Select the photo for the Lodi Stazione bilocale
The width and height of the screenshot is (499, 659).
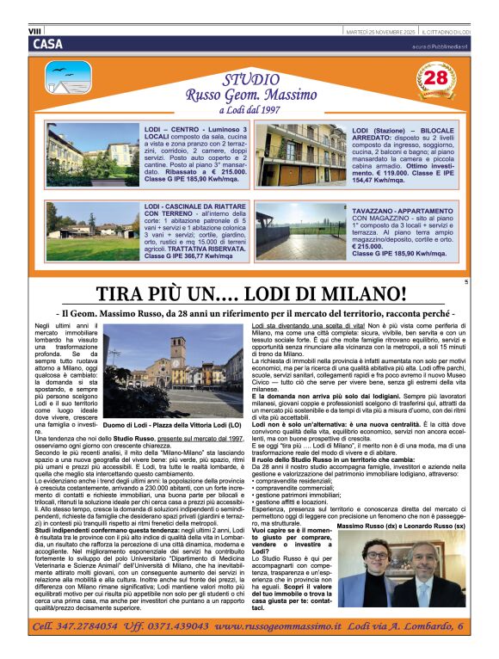point(300,156)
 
